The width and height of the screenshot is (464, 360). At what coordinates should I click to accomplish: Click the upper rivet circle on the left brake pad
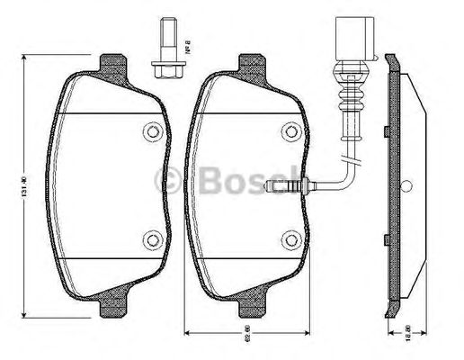[153, 133]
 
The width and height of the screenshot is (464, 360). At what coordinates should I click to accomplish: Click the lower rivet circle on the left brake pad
[153, 239]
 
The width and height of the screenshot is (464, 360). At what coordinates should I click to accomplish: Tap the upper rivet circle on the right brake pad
[290, 133]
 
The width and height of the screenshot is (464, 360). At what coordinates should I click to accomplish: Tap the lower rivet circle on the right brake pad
[290, 239]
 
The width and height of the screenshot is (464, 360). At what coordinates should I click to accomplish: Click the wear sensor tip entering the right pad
[281, 187]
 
